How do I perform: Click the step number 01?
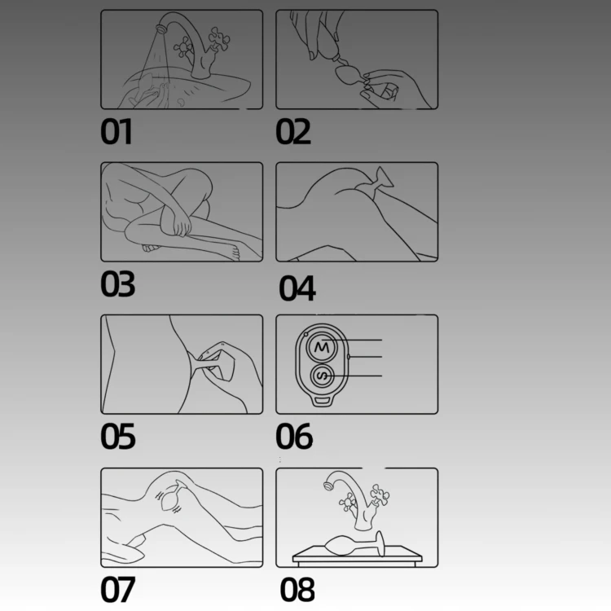(x=116, y=132)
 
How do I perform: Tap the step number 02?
(x=293, y=132)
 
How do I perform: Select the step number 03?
(x=117, y=284)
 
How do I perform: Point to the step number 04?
(x=297, y=288)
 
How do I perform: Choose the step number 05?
(x=117, y=436)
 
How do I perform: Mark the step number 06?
(x=294, y=436)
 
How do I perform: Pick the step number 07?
(x=117, y=589)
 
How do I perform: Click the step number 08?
(x=297, y=589)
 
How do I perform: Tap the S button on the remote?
(x=323, y=376)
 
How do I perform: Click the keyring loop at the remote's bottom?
(x=322, y=400)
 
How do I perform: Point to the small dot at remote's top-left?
(x=305, y=334)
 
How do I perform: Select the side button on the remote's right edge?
(x=349, y=357)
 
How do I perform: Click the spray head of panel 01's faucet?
(x=160, y=29)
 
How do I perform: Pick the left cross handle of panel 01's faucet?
(x=183, y=47)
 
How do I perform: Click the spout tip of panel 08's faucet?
(x=328, y=486)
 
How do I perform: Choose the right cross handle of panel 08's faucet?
(x=380, y=495)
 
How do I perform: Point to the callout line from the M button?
(x=352, y=341)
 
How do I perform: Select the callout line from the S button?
(x=352, y=376)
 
